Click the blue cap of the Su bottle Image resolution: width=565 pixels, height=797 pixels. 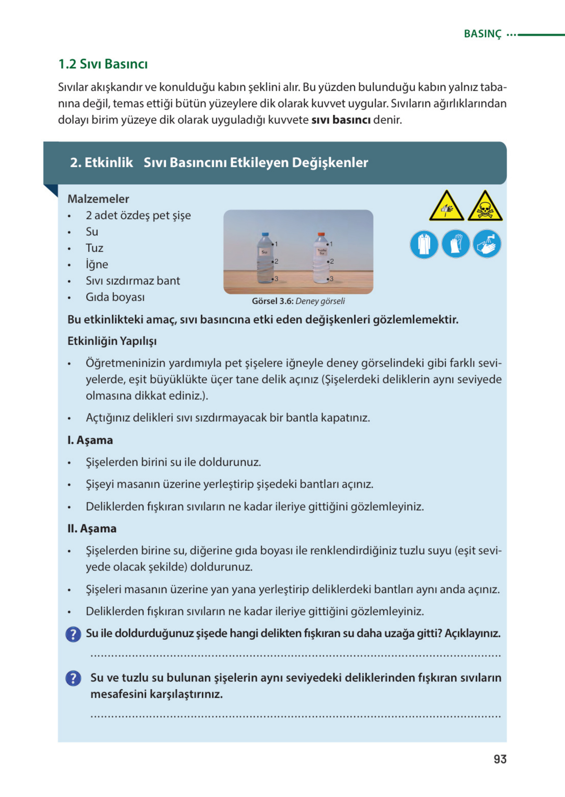coord(265,234)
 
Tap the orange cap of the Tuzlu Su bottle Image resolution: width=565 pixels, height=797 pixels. coord(321,234)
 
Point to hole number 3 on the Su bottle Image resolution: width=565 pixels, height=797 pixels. coord(272,279)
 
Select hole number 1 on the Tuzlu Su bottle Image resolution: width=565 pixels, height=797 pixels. coord(328,244)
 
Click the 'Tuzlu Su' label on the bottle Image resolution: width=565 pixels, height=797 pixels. coord(321,251)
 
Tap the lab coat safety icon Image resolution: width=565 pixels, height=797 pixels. coord(424,244)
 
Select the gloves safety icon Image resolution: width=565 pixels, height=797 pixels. coord(455,244)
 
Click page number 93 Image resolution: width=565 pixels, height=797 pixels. coord(500,759)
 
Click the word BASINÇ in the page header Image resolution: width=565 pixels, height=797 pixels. coord(483,34)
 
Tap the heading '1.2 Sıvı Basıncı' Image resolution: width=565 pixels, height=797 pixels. coord(103,64)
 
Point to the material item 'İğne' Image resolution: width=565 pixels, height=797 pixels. coord(97,264)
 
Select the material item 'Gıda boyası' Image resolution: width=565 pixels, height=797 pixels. coord(115,297)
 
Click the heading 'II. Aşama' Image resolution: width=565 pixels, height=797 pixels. coord(92,528)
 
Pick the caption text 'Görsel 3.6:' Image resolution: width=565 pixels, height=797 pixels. coord(272,301)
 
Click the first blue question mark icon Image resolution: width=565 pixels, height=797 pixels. coord(74,634)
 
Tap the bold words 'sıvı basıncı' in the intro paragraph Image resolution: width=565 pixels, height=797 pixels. coord(341,120)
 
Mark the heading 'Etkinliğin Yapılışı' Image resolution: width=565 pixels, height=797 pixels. coord(112,341)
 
